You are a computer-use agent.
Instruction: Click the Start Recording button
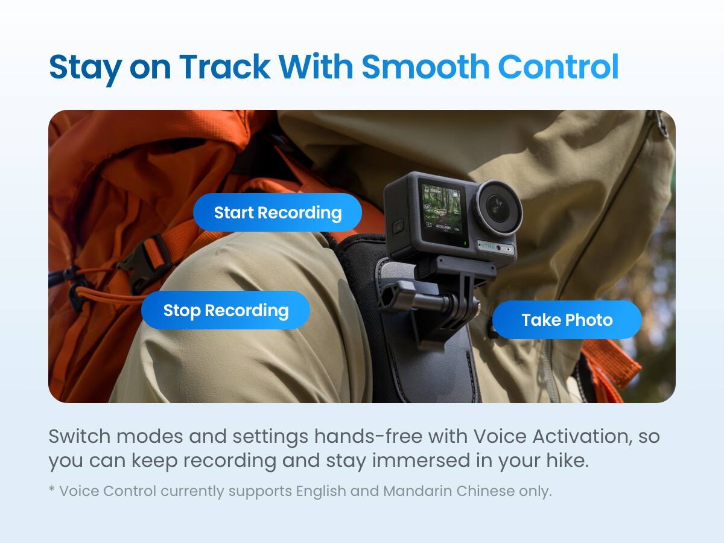coord(278,212)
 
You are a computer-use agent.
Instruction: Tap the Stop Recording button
coord(226,310)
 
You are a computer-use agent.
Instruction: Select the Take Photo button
coord(567,320)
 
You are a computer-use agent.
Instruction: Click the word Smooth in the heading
coord(425,67)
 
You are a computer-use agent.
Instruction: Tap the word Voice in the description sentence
coord(495,436)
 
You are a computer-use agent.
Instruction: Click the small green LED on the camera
coord(466,244)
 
